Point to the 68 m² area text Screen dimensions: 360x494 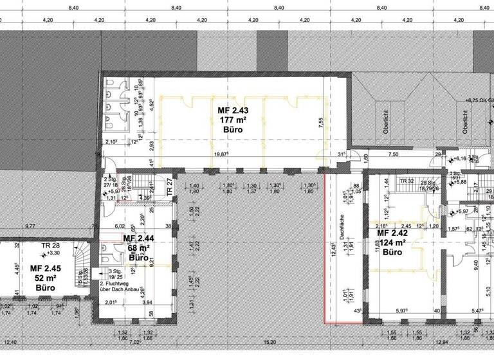click(137, 248)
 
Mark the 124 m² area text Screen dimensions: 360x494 click(391, 242)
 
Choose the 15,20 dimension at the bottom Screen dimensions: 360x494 click(273, 343)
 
